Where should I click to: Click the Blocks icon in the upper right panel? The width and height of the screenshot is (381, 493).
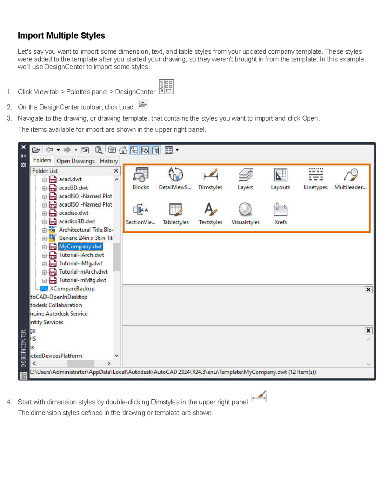(x=141, y=175)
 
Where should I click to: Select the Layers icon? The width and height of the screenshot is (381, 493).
(x=245, y=175)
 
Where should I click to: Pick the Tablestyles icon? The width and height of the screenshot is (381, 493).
(x=176, y=210)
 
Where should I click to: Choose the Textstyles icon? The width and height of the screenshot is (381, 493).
(x=211, y=210)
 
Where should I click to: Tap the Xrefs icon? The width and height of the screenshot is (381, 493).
(x=280, y=210)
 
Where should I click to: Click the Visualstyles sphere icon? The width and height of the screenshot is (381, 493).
(x=245, y=210)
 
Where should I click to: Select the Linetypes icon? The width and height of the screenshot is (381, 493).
(x=315, y=175)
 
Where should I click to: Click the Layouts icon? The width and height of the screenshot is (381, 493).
(x=280, y=175)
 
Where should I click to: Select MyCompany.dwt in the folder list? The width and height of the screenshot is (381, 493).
(x=80, y=247)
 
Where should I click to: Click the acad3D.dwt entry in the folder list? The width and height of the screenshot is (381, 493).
(x=73, y=188)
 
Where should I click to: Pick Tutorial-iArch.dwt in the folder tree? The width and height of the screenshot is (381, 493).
(x=81, y=255)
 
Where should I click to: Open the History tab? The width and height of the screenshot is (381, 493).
(x=109, y=161)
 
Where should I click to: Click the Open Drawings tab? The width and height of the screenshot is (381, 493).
(x=76, y=161)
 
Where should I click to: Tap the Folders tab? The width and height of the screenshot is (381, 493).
(x=42, y=161)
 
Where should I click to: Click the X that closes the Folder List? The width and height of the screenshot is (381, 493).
(x=116, y=171)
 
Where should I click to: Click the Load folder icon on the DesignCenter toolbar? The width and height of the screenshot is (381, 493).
(x=36, y=150)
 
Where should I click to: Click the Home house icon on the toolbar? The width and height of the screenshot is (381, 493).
(x=123, y=150)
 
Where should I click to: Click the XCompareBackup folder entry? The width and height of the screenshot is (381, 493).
(x=72, y=289)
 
